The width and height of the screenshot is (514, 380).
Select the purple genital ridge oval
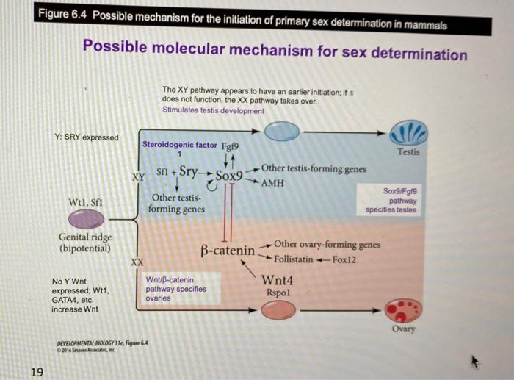(x=87, y=219)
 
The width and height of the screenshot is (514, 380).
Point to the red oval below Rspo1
(x=279, y=310)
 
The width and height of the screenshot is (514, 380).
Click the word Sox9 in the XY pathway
(x=229, y=177)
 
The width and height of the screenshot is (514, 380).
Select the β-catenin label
(x=228, y=251)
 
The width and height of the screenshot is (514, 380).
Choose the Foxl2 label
(x=345, y=259)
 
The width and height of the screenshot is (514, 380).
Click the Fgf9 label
(x=230, y=145)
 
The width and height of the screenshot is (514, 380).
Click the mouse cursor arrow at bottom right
(x=474, y=360)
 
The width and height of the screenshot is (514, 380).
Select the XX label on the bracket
(x=137, y=262)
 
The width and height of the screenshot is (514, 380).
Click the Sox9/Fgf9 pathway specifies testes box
(x=392, y=200)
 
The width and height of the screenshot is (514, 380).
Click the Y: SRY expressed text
(x=86, y=137)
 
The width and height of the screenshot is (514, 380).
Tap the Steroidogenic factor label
(x=175, y=145)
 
